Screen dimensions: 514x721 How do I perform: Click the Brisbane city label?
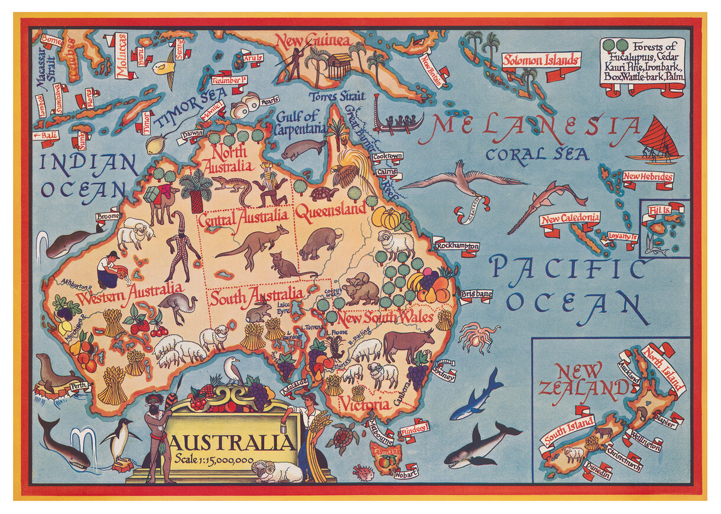[x=476, y=294]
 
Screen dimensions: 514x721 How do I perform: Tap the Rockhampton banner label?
[x=455, y=245]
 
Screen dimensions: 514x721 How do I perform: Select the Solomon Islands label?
[x=540, y=60]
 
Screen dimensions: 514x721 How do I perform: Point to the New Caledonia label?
[x=570, y=218]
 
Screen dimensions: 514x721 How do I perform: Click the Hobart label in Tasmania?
[x=407, y=473]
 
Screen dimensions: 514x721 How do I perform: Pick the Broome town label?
[x=108, y=216]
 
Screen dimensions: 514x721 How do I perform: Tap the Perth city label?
[x=79, y=387]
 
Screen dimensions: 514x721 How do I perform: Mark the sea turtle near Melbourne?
[x=342, y=438]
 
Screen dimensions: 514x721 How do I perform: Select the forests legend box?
[x=642, y=66]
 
